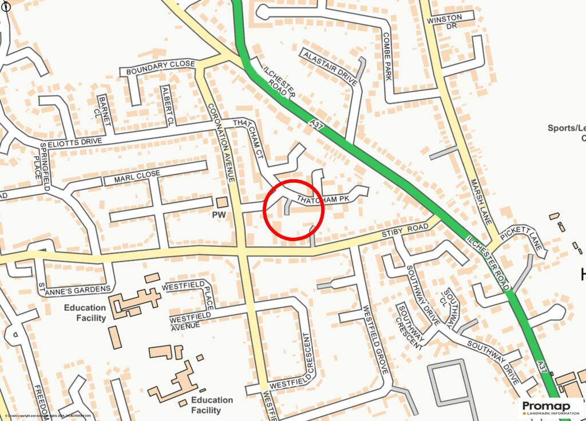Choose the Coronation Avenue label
[x=222, y=143]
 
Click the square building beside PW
[x=221, y=202]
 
